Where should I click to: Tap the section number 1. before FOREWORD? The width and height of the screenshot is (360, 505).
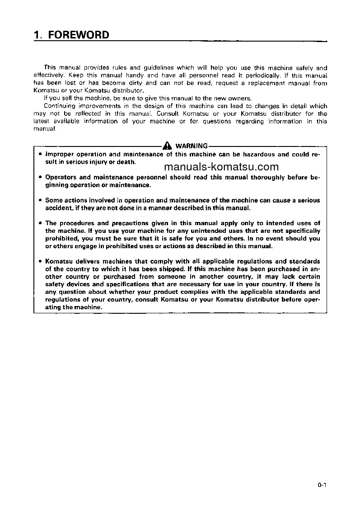[x=38, y=35]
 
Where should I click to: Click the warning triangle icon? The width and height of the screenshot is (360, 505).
[x=168, y=146]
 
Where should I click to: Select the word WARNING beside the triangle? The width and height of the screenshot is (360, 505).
[x=191, y=146]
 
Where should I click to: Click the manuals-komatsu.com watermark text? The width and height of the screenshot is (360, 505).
[x=218, y=166]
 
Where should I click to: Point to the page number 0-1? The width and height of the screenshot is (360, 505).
[x=322, y=486]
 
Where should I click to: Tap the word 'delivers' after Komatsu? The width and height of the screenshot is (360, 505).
[x=88, y=261]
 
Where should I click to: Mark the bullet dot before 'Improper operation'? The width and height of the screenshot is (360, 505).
[x=40, y=154]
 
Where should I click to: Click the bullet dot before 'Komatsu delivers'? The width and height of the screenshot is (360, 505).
[x=40, y=261]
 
